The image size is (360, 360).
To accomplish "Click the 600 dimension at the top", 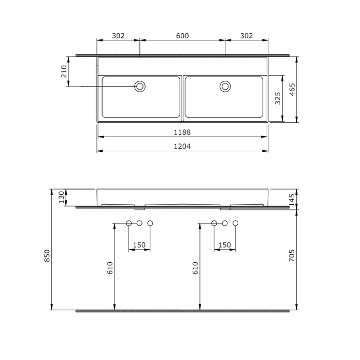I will pos(182,36).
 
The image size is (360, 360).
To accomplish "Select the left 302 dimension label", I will pos(119,36).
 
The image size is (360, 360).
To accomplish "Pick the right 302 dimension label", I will pos(247,36).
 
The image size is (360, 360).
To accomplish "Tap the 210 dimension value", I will pos(64,71).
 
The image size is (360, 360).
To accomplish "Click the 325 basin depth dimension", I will pos(278,98).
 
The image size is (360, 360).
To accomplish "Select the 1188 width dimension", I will pos(182,132).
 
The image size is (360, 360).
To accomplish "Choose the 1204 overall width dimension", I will pos(182,146).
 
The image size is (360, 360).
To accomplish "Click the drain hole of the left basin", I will pos(140,86).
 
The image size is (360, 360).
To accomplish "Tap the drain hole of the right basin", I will pos(225,86).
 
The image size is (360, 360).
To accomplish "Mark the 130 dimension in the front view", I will pos(61,198).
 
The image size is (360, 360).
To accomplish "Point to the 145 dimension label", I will pos(292,199).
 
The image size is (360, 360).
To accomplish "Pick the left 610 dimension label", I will pos(109,268).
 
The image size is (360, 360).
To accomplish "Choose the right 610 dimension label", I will pos(195,268).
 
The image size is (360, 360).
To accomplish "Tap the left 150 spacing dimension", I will pos(139,244).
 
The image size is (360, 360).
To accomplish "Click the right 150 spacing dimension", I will pos(224,244).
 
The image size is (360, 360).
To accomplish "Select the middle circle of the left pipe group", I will pos(139,223).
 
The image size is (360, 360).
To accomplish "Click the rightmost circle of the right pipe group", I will pos(236,223).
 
